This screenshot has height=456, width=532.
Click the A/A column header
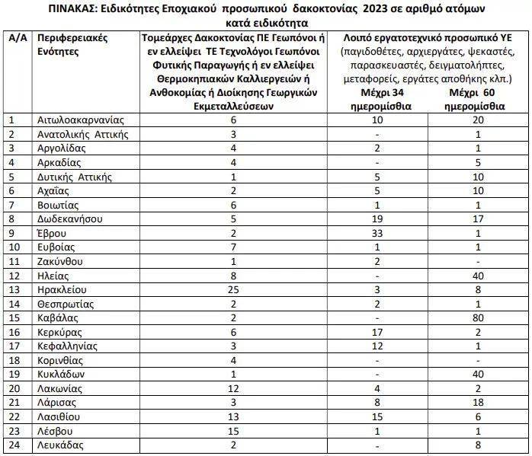pos(17,36)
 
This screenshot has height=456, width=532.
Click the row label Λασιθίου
pos(62,418)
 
